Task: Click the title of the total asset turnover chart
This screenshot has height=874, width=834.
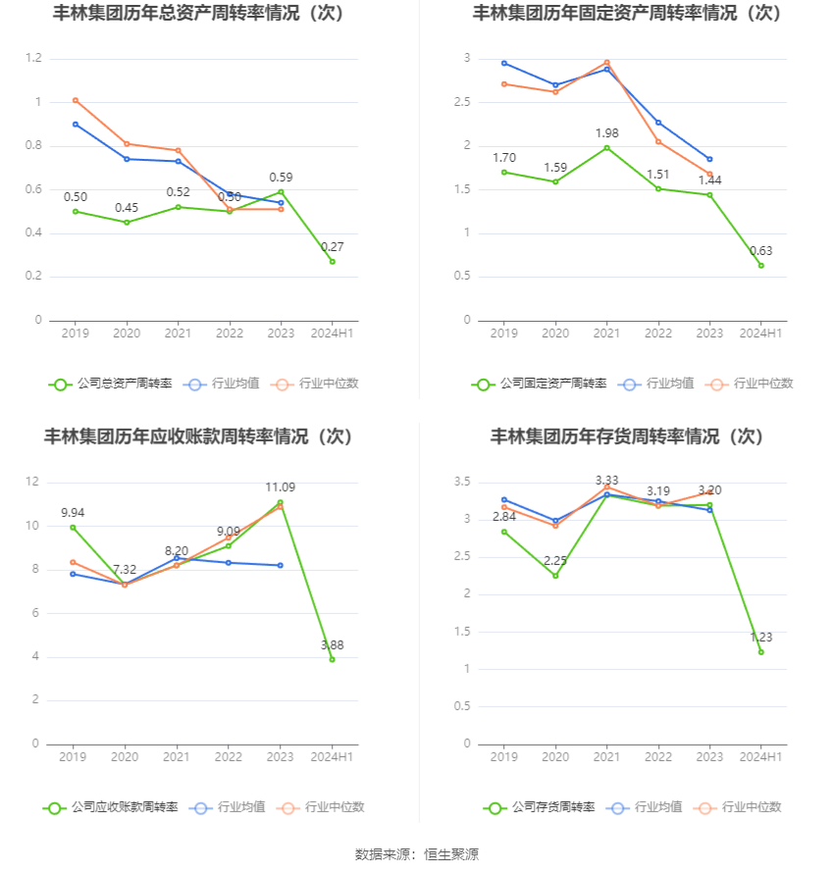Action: pyautogui.click(x=202, y=14)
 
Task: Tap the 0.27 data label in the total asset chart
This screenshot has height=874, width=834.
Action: pyautogui.click(x=333, y=246)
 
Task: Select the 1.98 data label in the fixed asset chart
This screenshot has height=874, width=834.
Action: pyautogui.click(x=606, y=132)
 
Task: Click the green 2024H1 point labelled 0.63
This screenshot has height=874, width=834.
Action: pyautogui.click(x=760, y=265)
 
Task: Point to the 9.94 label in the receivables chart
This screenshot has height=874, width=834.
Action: pyautogui.click(x=74, y=512)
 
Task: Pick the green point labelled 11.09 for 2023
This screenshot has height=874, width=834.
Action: pyautogui.click(x=280, y=502)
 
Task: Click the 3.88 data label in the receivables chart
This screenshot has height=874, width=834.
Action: pyautogui.click(x=332, y=644)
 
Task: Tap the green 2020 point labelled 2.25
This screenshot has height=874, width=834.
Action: pyautogui.click(x=555, y=576)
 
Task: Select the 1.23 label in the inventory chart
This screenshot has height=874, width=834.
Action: pyautogui.click(x=760, y=637)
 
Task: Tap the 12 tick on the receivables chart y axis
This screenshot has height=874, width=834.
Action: pyautogui.click(x=32, y=482)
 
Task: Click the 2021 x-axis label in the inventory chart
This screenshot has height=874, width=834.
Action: pyautogui.click(x=606, y=756)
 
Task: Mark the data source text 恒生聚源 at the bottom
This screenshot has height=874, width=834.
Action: pyautogui.click(x=451, y=854)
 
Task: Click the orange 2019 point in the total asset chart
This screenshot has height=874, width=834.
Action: pyautogui.click(x=76, y=100)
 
